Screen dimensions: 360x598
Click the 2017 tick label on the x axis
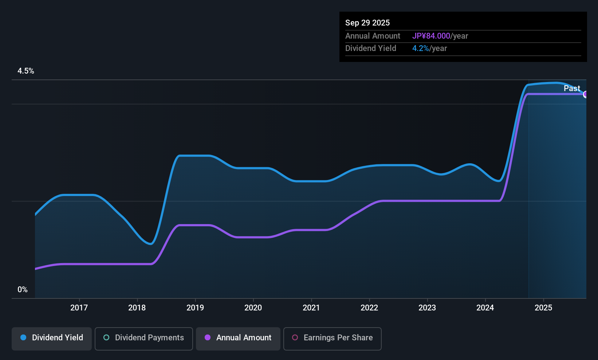(x=79, y=308)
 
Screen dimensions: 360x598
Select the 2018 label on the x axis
(x=137, y=308)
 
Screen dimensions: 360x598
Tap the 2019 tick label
(x=195, y=308)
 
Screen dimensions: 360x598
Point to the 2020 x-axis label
(x=253, y=308)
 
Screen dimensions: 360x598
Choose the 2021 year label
(x=311, y=308)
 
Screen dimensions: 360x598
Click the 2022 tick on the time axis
(x=369, y=308)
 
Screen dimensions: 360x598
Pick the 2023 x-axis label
(x=427, y=308)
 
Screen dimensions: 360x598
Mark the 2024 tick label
(x=485, y=308)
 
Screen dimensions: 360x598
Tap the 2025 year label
(x=543, y=308)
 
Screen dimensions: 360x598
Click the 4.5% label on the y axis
(x=26, y=71)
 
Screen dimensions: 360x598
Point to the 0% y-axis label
(x=23, y=290)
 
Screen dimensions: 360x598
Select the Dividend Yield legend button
(x=52, y=338)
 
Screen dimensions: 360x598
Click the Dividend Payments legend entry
(x=144, y=338)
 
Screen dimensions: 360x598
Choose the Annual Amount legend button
(x=238, y=338)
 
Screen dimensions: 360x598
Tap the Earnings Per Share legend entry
(x=333, y=338)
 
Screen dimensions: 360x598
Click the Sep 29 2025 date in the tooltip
(x=367, y=23)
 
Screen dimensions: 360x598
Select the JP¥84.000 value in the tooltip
(x=431, y=36)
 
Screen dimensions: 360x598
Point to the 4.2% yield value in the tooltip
(x=421, y=48)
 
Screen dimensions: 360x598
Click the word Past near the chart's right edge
(x=572, y=89)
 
